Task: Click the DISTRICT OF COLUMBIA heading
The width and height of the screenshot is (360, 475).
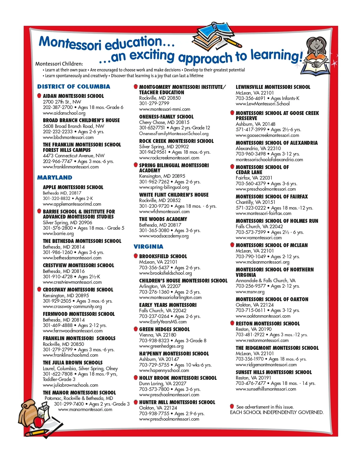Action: coord(73,87)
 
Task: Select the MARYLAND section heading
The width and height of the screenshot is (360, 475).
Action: coord(55,177)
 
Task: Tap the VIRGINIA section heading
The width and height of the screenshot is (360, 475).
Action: coord(148,247)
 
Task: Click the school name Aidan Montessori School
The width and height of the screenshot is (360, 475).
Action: coord(73,96)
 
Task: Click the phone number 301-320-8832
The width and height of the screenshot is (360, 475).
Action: coord(56,198)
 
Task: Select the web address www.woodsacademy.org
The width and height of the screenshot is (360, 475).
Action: coord(164,236)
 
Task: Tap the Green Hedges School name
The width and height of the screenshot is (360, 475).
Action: coord(164,329)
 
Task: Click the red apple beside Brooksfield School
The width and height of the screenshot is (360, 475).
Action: coord(136,256)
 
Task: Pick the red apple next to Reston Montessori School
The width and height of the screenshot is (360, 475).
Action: coord(232,323)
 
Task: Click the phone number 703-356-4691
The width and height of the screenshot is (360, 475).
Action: coord(250,98)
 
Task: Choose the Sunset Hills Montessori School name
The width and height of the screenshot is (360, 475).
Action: coord(274,372)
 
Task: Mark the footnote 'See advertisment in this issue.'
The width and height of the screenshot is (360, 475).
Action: coord(265,407)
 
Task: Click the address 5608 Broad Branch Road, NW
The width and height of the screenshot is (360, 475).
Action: coord(73,126)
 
